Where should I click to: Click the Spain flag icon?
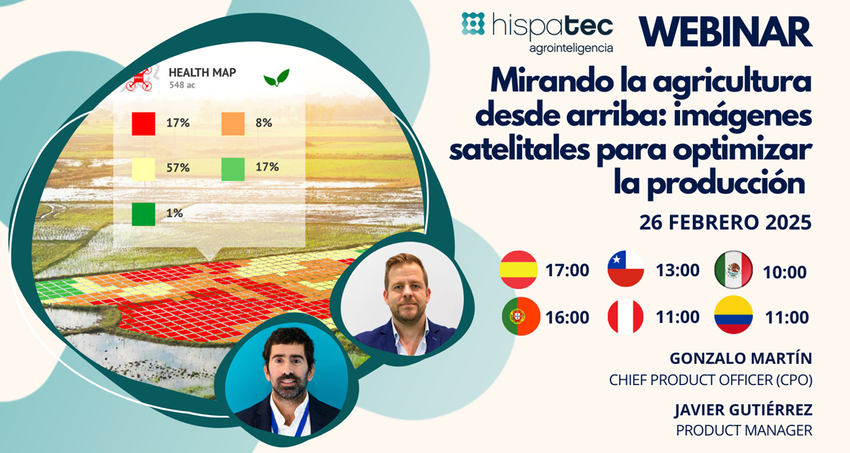click(x=518, y=270)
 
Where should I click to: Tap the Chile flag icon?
click(x=625, y=270)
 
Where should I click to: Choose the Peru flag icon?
click(x=625, y=316)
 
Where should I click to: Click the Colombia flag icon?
click(x=733, y=316)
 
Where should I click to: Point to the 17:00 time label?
click(x=567, y=270)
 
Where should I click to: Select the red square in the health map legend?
click(x=143, y=123)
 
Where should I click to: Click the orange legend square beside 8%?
click(x=234, y=123)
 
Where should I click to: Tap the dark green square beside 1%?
click(x=143, y=213)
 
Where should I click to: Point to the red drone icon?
click(x=139, y=77)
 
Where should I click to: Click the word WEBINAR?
click(x=725, y=31)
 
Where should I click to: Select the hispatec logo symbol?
click(x=474, y=24)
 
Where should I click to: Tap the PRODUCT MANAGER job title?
click(x=744, y=429)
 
